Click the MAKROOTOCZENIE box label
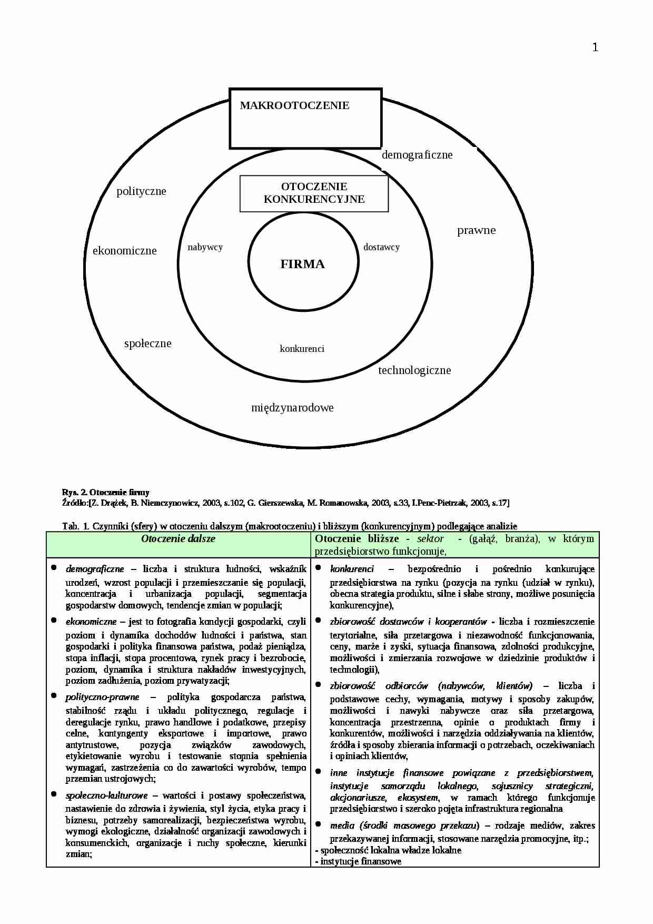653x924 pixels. click(294, 105)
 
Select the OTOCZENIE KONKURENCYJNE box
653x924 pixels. click(314, 193)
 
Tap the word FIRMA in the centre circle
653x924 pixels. click(302, 264)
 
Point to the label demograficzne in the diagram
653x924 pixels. click(417, 155)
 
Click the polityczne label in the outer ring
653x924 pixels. click(141, 191)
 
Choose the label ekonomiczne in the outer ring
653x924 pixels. click(124, 251)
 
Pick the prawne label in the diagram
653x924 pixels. click(476, 230)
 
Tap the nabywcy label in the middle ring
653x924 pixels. click(205, 247)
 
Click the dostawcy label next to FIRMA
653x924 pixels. click(381, 247)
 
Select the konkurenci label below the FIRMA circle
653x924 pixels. click(302, 349)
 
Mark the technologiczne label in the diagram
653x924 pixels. click(414, 370)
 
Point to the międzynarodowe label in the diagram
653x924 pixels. click(292, 408)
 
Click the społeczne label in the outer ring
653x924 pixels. click(147, 343)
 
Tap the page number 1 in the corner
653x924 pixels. click(595, 48)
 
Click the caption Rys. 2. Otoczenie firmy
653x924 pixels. click(105, 493)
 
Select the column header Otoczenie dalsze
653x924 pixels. click(178, 539)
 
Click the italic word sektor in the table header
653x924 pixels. click(430, 539)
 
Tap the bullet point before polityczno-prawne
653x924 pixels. click(54, 695)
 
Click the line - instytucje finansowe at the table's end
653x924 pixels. click(358, 861)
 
